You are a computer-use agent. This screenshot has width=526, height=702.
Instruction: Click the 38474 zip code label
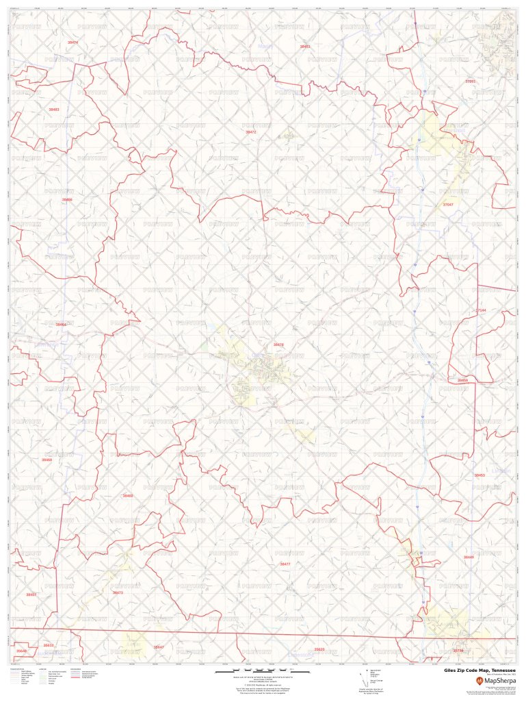coord(73,42)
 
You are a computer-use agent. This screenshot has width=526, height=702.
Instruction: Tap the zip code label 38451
coord(304,47)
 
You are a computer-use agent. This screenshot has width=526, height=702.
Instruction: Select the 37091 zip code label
coord(470,81)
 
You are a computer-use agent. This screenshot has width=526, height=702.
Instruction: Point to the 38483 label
coord(53,110)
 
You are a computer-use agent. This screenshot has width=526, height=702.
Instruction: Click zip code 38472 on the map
coord(250,131)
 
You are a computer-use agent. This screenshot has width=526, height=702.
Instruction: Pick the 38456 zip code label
coord(66,199)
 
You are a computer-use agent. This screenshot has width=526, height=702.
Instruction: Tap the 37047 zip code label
coord(448,205)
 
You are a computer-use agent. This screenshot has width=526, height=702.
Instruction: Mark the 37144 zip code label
coord(481,310)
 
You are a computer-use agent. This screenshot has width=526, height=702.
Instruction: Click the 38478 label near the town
coord(278,345)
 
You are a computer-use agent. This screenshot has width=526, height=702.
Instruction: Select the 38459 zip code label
coord(462,379)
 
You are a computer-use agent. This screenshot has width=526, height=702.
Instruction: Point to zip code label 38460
coord(128,495)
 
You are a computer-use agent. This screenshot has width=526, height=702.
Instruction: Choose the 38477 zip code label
coord(285,564)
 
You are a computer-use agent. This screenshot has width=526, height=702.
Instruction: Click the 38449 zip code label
coord(468,557)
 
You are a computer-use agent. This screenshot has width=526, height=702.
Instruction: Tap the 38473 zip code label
coord(118,592)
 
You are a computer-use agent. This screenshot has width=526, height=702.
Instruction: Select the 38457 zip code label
coord(31,595)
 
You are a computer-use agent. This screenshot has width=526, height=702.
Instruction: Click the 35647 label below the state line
coord(159,647)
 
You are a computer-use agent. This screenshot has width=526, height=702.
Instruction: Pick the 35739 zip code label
coord(458,651)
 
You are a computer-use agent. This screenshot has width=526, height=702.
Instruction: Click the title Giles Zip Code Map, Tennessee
coord(479,670)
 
